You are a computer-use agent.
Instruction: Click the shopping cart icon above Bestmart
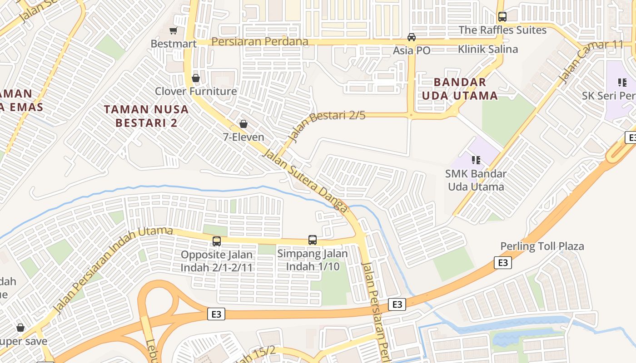(x=173, y=31)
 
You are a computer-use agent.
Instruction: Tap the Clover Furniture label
(x=196, y=91)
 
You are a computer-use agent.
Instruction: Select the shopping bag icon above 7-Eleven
(x=243, y=124)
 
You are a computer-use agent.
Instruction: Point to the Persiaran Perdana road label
(x=260, y=42)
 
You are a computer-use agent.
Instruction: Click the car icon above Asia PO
(x=412, y=37)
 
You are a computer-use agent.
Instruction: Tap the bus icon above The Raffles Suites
(x=502, y=17)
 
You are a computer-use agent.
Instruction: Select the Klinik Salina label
(x=488, y=49)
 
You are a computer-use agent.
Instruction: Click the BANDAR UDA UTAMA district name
(x=460, y=89)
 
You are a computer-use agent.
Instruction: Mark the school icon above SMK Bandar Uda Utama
(x=476, y=160)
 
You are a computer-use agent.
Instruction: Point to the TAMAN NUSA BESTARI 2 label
(x=146, y=116)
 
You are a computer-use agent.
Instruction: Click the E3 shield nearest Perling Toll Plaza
(x=502, y=263)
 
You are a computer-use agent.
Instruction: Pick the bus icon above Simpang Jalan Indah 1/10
(x=313, y=240)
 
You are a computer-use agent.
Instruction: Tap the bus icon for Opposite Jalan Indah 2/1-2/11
(x=217, y=241)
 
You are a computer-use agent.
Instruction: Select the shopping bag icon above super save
(x=20, y=328)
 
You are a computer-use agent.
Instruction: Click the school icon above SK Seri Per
(x=622, y=83)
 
